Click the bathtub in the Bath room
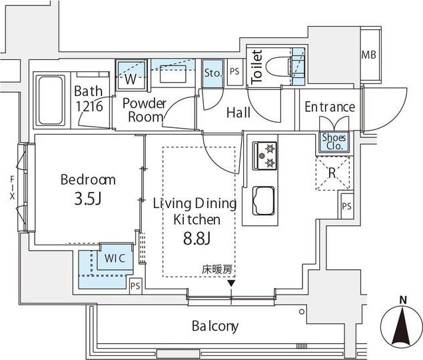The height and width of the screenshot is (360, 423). tap(51, 101)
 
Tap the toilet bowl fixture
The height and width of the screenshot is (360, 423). tap(278, 65)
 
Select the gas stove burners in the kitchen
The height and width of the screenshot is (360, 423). tap(264, 156)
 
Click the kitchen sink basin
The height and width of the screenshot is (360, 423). tap(264, 201)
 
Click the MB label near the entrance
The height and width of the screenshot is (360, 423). tap(368, 55)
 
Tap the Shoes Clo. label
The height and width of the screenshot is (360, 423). tap(334, 142)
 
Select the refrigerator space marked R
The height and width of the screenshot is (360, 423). tap(332, 173)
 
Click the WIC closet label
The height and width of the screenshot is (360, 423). tap(115, 258)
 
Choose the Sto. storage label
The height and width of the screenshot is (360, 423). tap(213, 73)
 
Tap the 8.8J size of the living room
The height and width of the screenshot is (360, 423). tap(197, 239)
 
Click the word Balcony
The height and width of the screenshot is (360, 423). tap(215, 326)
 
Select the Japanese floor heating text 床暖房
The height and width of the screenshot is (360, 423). tap(217, 269)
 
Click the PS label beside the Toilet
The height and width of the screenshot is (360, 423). tap(234, 71)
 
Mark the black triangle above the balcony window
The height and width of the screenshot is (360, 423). tap(231, 283)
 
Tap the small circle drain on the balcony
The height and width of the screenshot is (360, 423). tap(302, 312)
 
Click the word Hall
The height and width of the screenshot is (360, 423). tap(238, 113)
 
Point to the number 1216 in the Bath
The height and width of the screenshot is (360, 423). tap(89, 106)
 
